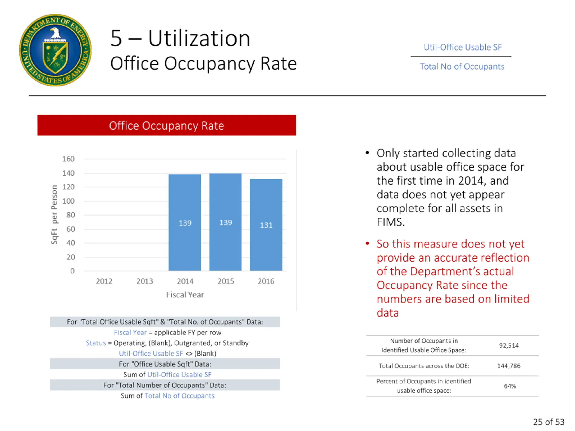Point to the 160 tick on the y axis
coord(68,159)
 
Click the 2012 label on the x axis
coord(104,281)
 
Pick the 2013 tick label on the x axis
coord(144,281)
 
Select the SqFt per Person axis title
coord(54,215)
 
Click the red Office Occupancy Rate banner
coord(166,125)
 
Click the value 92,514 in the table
coord(509,345)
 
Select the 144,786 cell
coord(509,366)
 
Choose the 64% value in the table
coord(510,386)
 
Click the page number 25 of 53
coord(548,422)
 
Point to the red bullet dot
coord(367,243)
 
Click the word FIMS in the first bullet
coord(390,222)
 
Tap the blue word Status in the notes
coord(96,343)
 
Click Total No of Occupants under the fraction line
coord(462,66)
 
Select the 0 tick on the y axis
coord(72,271)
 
